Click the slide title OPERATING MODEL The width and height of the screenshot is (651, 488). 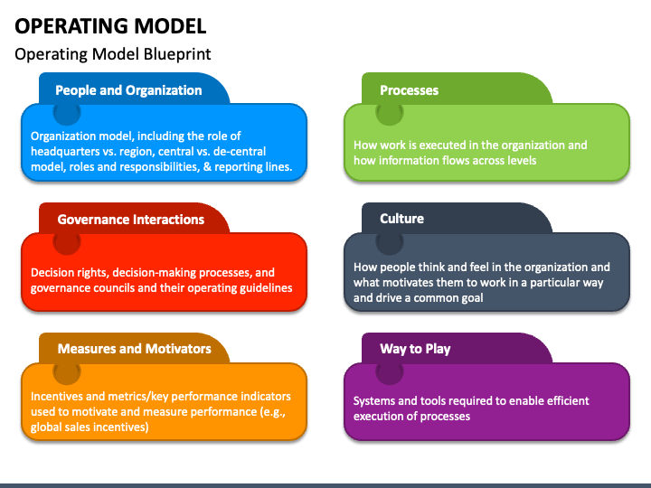(110, 25)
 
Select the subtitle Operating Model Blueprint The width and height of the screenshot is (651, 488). (113, 54)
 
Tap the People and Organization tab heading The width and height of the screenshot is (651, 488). (128, 90)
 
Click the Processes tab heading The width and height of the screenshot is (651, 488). (409, 90)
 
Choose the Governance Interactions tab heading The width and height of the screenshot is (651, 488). (130, 220)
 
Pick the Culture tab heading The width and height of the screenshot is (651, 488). (401, 219)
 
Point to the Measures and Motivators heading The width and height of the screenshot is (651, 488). (134, 349)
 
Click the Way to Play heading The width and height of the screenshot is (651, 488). (415, 349)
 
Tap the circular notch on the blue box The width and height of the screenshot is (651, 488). (67, 113)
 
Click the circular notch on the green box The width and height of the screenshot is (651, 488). (390, 113)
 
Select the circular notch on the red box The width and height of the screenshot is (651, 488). (67, 242)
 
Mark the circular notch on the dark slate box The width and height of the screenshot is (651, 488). (390, 242)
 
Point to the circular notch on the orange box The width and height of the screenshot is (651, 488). (67, 371)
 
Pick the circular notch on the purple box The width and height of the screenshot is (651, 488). (390, 371)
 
